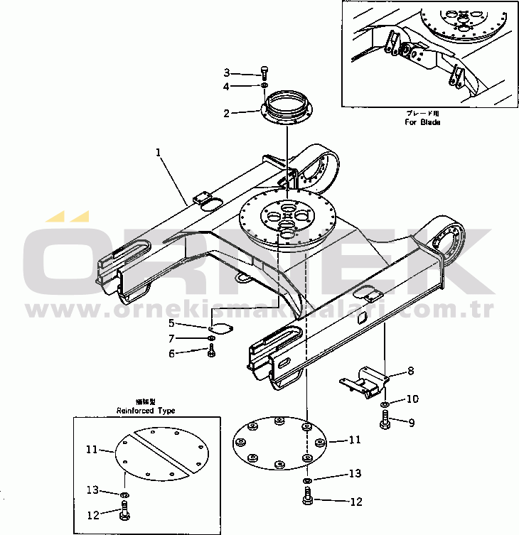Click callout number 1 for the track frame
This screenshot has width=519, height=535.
159,151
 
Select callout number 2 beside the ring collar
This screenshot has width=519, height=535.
227,113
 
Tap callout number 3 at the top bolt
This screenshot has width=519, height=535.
227,72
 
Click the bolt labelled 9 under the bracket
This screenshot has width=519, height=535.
385,422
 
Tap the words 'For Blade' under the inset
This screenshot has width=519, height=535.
423,122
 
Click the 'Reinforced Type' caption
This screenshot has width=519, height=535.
146,411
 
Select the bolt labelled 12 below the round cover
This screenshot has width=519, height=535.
308,499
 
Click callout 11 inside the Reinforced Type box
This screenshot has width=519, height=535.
92,449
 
